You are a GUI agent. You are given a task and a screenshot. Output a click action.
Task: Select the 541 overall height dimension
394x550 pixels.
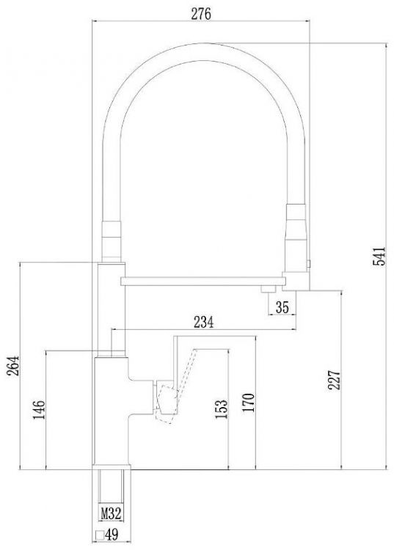pos(377,257)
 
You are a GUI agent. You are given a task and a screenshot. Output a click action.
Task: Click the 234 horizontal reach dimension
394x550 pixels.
pos(203,321)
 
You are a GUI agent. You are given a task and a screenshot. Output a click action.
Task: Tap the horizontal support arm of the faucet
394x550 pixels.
pos(198,279)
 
